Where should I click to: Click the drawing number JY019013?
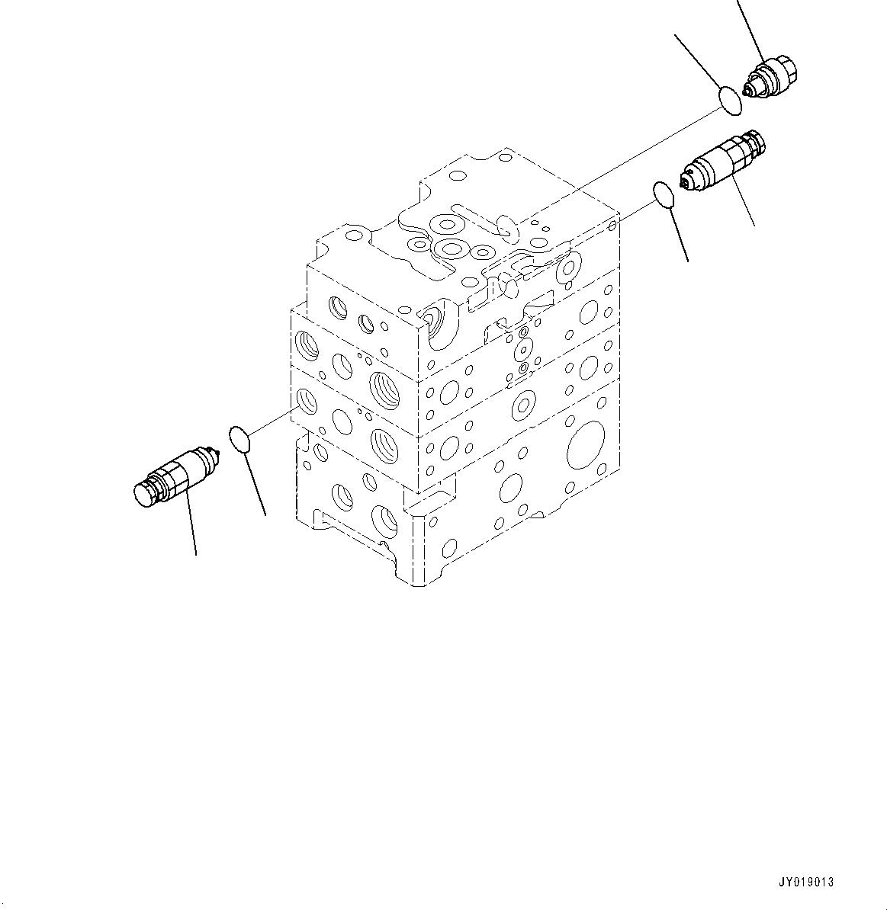pos(805,882)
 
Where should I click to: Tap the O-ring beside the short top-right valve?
pos(730,100)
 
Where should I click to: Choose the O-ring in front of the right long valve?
pos(664,194)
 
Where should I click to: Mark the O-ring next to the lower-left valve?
pos(240,440)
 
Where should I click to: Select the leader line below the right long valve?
pos(744,201)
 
